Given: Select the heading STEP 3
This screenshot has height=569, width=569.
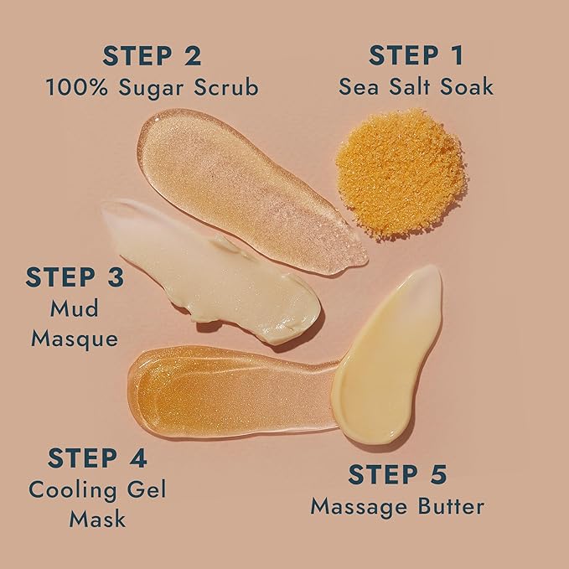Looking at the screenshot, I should click(75, 277).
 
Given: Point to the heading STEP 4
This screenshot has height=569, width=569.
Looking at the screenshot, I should click(98, 458).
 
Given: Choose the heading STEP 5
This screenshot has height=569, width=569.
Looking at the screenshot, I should click(398, 474).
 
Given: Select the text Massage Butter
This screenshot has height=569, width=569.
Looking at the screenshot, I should click(397, 505).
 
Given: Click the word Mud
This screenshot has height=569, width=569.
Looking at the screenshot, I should click(75, 308).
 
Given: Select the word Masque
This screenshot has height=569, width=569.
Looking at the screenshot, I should click(75, 338).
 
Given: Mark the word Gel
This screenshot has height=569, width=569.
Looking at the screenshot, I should click(146, 489).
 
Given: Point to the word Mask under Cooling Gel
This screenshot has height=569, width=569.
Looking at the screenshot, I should click(98, 519).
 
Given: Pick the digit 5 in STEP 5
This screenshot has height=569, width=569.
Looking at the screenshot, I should click(436, 474).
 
